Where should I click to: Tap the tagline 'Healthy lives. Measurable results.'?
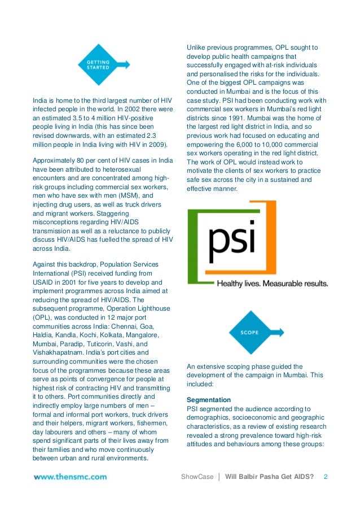272,283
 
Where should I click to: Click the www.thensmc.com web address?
70,477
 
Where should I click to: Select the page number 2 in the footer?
325,477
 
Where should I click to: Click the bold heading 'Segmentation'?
208,400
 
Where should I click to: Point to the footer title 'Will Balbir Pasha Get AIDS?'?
269,477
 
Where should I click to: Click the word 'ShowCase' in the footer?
197,477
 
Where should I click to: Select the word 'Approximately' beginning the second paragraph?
55,160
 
